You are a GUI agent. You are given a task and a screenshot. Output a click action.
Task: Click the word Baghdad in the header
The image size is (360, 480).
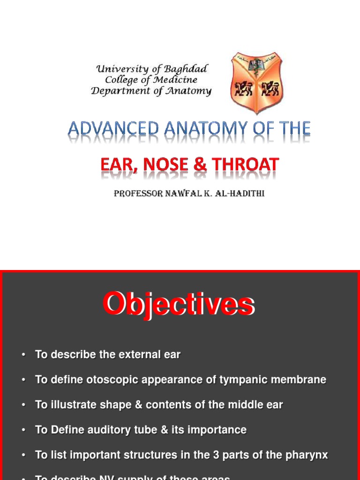186,69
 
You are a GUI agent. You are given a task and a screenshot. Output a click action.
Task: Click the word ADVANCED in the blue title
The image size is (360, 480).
114,129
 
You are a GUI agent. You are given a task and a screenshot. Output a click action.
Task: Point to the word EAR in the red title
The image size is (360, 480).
116,165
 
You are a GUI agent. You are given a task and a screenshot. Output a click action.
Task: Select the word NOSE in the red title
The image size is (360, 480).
161,165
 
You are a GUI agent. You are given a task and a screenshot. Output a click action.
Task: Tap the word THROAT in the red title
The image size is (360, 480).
246,165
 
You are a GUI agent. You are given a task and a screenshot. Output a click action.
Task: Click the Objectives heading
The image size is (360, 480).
179,305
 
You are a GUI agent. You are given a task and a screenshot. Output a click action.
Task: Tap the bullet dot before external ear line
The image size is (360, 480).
23,355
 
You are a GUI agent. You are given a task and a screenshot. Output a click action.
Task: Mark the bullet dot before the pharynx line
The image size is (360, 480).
23,455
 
